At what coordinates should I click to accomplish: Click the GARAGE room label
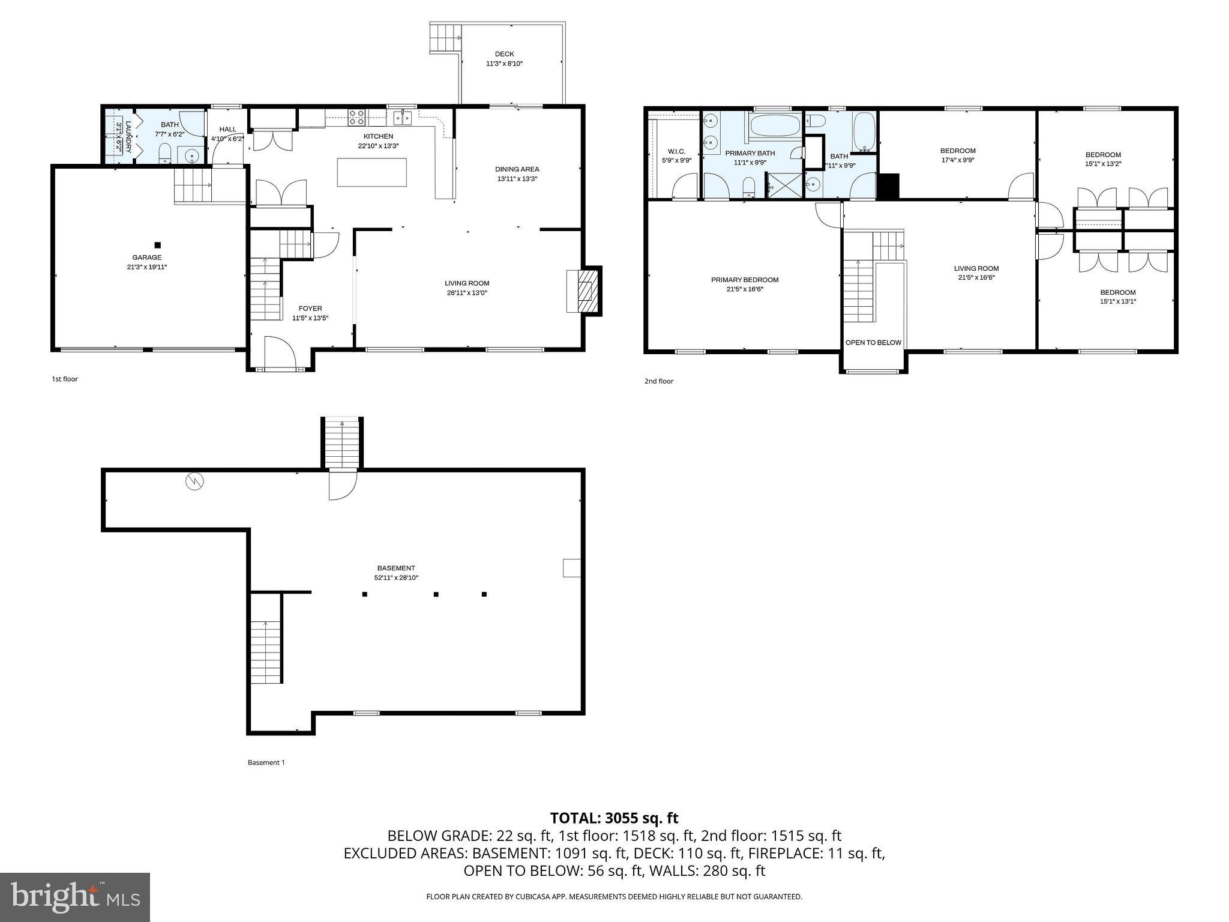click(x=146, y=258)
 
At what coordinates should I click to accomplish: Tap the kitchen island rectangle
click(x=371, y=172)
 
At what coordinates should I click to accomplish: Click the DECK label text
click(x=504, y=54)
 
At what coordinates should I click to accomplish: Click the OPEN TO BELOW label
click(x=873, y=343)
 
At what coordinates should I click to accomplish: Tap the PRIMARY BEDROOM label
click(x=745, y=280)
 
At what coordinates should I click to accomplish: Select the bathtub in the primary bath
click(x=775, y=126)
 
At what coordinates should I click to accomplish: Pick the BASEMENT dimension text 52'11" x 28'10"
click(x=395, y=577)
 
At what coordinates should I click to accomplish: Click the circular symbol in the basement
click(x=194, y=481)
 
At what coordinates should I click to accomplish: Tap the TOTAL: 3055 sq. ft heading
click(x=614, y=818)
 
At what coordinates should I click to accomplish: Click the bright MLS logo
click(x=75, y=897)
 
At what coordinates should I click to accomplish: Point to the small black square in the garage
click(x=158, y=245)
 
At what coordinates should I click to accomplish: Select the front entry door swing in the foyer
click(x=279, y=351)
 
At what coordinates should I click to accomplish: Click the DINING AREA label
click(x=517, y=169)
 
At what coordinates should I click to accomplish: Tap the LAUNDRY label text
click(x=128, y=137)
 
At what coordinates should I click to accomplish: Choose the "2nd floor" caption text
click(x=658, y=381)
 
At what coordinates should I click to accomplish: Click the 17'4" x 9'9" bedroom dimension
click(x=958, y=160)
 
